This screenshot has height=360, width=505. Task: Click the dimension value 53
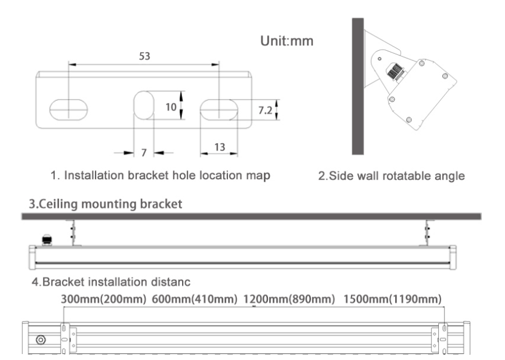pyautogui.click(x=145, y=56)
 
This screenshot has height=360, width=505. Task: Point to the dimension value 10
pyautogui.click(x=171, y=107)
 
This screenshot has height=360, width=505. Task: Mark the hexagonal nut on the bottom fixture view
pyautogui.click(x=41, y=340)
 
